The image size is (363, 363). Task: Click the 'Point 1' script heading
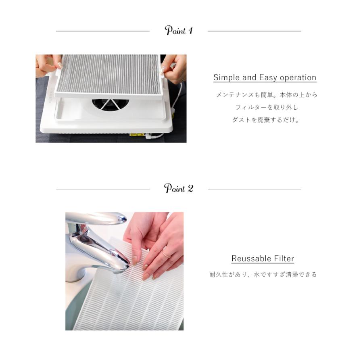coord(179,31)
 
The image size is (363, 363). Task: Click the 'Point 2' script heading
coord(179,188)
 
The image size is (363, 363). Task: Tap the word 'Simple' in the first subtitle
coord(227,77)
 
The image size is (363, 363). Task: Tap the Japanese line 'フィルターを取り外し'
coord(267,108)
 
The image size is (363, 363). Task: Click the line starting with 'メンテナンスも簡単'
coord(267,95)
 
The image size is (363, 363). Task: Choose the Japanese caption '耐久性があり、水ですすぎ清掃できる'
coord(263,275)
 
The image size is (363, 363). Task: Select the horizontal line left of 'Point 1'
coord(102,31)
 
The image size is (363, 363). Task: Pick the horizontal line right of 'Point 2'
coord(254,189)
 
